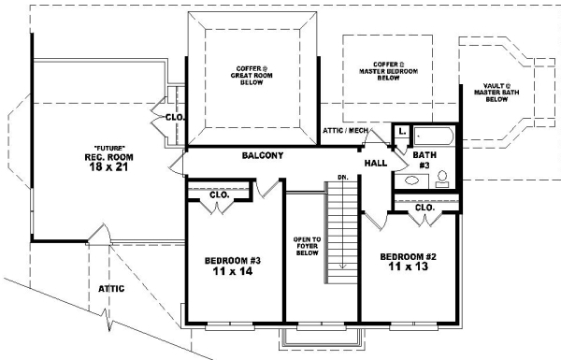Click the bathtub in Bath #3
[x=433, y=137]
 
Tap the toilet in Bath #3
[x=442, y=180]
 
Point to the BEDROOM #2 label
[x=410, y=261]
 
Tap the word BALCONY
[x=263, y=155]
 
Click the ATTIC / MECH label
[x=346, y=130]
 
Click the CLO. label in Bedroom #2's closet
[x=424, y=208]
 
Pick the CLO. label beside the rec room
[x=174, y=118]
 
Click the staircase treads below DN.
[x=342, y=224]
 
